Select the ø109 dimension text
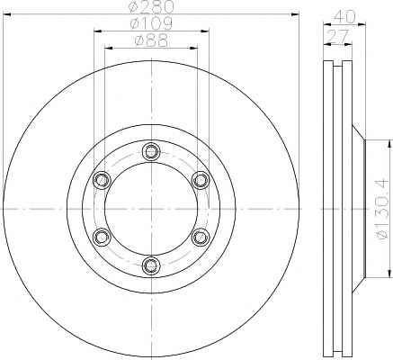151,23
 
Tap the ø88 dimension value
151,40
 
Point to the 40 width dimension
344,16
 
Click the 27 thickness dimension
338,36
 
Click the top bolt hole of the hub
151,152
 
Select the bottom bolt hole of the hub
151,265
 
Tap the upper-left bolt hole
102,180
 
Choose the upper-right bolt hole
201,180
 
